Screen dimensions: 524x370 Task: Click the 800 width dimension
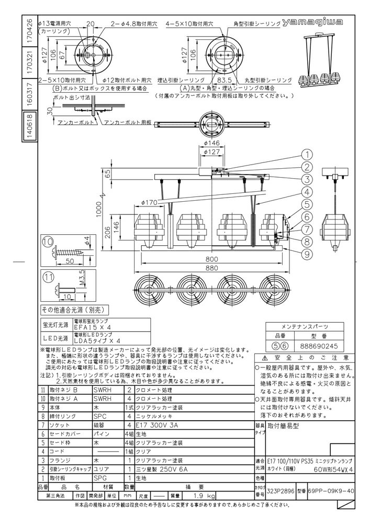click(x=211, y=258)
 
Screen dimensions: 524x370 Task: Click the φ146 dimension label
click(x=211, y=143)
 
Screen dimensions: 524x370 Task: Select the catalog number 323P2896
click(x=281, y=492)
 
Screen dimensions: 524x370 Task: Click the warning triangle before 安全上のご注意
click(x=258, y=358)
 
